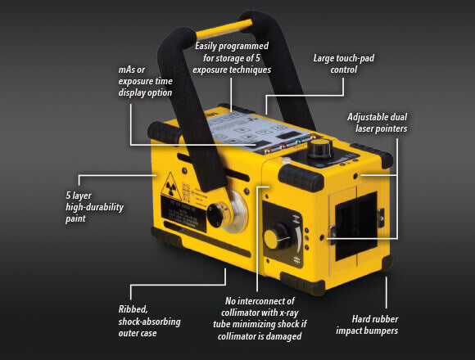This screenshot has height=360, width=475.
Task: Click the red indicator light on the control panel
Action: coord(283,146)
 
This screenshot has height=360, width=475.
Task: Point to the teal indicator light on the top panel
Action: coord(298,141)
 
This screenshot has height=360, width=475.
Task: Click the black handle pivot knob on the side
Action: coord(216,214)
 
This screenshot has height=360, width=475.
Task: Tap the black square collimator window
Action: coord(356,226)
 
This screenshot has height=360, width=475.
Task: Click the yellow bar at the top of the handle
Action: coord(224,29)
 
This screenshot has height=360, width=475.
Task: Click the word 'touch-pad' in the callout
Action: coord(356,58)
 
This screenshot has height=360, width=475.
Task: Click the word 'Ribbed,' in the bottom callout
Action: coord(133,309)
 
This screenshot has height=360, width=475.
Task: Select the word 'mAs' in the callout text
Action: coord(127,70)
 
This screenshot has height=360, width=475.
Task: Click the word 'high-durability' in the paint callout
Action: coord(94,207)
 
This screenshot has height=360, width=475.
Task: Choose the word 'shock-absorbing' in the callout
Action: coord(149,322)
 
